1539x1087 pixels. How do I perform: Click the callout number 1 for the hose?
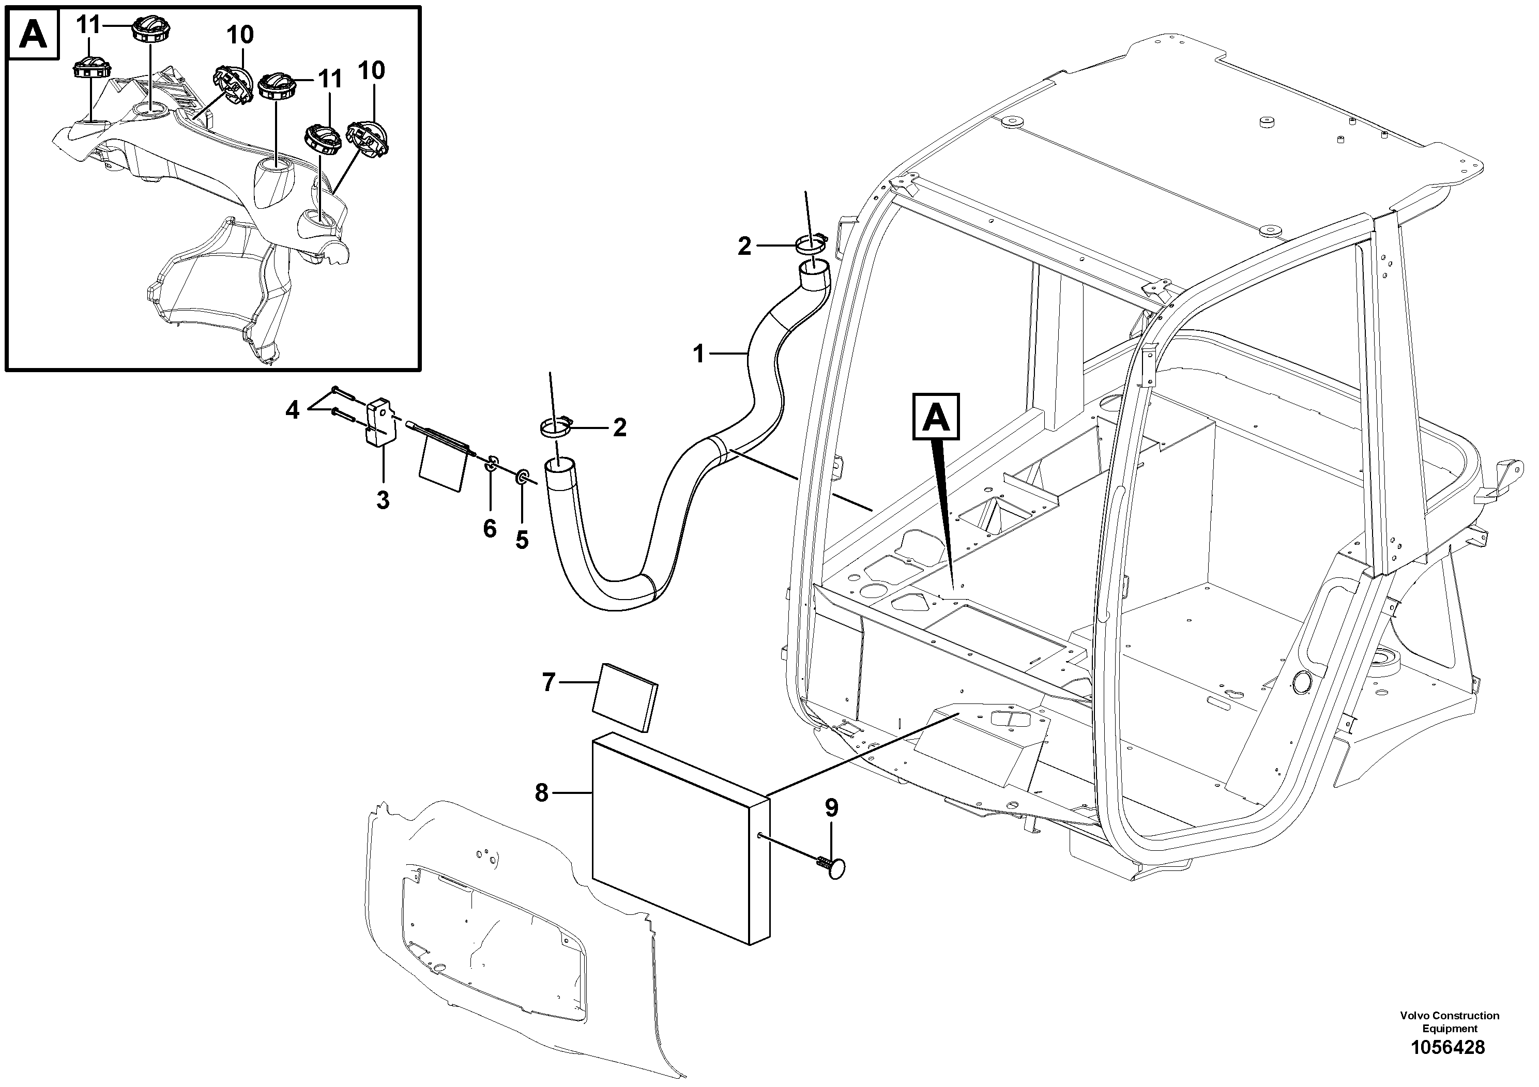pos(698,353)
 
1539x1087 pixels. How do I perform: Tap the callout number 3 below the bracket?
pos(383,500)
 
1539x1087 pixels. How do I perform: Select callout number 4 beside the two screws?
pos(292,409)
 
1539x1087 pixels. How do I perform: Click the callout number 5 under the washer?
pos(522,540)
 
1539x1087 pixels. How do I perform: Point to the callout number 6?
pos(490,528)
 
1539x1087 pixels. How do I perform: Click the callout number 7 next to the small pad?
pos(549,682)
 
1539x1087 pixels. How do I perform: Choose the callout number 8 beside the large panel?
pos(542,793)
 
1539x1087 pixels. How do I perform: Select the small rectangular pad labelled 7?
pos(626,697)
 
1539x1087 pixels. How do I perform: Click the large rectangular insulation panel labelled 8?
pos(680,838)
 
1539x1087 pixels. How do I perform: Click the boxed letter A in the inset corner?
pos(33,34)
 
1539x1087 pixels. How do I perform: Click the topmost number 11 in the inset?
pos(88,25)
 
